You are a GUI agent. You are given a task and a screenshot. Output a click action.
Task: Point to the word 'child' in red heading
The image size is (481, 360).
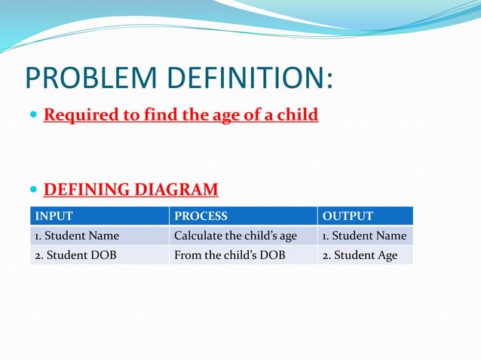click(296, 115)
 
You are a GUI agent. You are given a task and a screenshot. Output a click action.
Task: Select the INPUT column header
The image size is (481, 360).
click(54, 216)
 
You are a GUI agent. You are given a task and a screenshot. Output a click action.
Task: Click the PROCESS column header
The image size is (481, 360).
click(201, 216)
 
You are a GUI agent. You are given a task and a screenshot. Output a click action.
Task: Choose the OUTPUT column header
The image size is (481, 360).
click(348, 216)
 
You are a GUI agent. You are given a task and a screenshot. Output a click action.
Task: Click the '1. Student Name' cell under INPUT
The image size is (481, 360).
click(77, 236)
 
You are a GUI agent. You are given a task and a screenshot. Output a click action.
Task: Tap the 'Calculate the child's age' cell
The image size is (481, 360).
click(235, 236)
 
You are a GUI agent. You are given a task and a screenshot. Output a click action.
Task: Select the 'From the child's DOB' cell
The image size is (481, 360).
click(229, 255)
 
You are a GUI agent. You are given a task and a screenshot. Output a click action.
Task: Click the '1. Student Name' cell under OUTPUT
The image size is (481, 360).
click(364, 236)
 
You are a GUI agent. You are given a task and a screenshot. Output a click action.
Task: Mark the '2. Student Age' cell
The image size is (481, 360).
click(360, 255)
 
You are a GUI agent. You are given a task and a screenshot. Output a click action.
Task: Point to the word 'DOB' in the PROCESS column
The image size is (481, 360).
click(272, 255)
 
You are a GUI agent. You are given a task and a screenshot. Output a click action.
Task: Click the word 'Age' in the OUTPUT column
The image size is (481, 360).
click(386, 255)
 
